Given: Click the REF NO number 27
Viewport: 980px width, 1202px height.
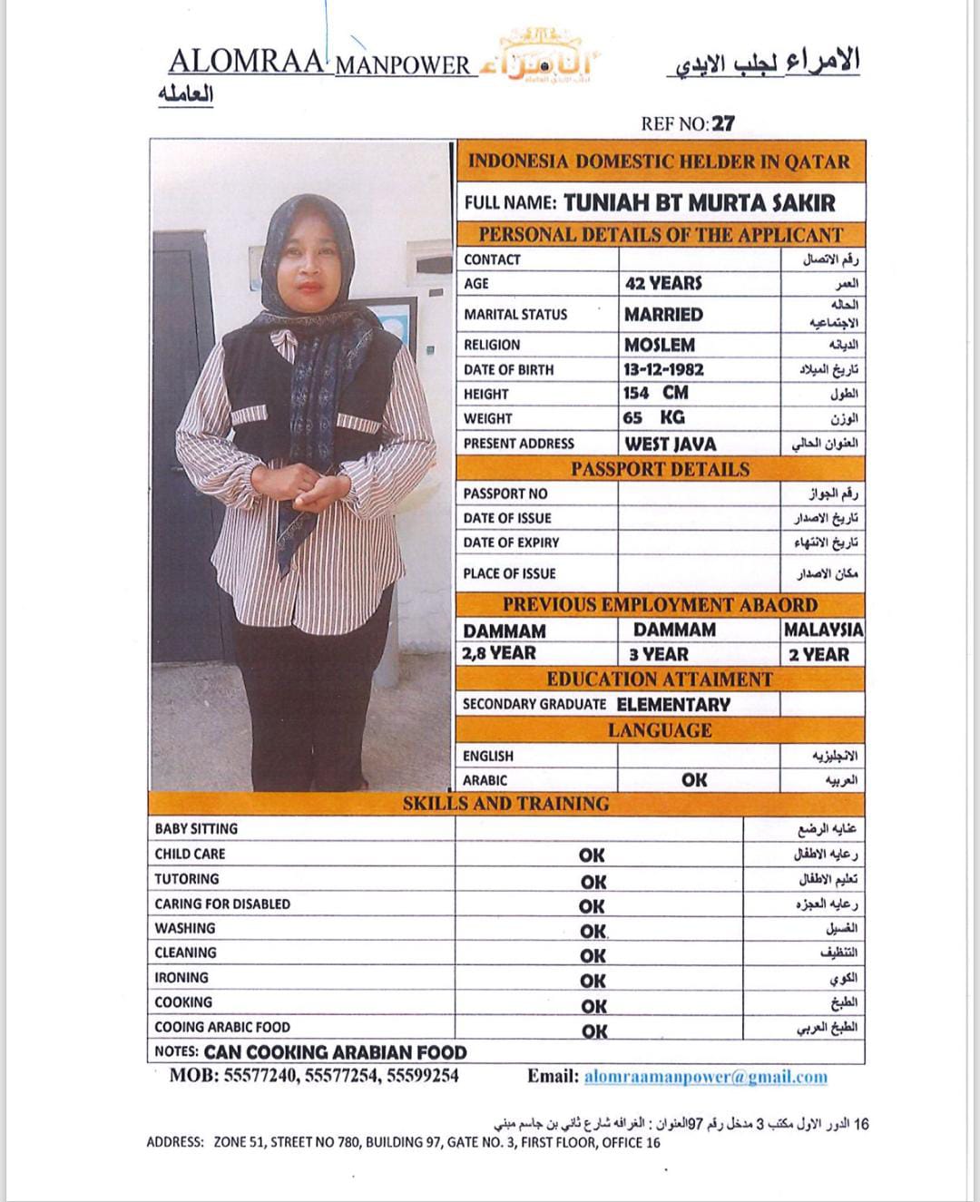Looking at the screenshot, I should pos(724,123).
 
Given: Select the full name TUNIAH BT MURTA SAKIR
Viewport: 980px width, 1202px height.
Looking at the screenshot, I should pos(699,202).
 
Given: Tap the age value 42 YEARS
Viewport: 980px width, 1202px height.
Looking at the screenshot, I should pos(663,283).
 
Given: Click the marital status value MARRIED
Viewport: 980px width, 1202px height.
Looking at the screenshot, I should pos(663,314).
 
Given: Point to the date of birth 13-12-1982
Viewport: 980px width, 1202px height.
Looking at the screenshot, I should pos(663,369).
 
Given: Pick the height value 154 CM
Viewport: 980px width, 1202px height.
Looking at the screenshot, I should pos(656,393).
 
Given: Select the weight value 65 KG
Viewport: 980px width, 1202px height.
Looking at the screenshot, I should pos(653,417).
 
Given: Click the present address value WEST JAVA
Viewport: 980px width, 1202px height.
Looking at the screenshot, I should pos(670,444).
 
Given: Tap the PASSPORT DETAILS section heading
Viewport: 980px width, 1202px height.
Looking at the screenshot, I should pos(660,469).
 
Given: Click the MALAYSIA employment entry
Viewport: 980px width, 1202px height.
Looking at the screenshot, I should pos(823,629).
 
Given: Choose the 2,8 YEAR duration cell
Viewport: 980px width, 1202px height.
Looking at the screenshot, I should pos(499,653).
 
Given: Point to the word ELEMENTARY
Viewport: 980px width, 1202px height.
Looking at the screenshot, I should pos(673,704).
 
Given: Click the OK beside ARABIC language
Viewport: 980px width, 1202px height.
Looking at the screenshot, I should pos(694,779).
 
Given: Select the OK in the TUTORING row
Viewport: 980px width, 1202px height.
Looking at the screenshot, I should pos(593,881).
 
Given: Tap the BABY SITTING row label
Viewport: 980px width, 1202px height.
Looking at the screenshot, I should pos(196,828).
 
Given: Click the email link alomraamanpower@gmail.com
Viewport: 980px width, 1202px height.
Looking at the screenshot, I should pos(705,1077).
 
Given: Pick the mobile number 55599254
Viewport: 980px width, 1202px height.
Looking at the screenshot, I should pos(423,1076).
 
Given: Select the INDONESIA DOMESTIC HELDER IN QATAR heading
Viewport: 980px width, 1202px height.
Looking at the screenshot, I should pos(660,162).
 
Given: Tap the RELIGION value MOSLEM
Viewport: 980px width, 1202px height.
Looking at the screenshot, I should pos(660,345).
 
